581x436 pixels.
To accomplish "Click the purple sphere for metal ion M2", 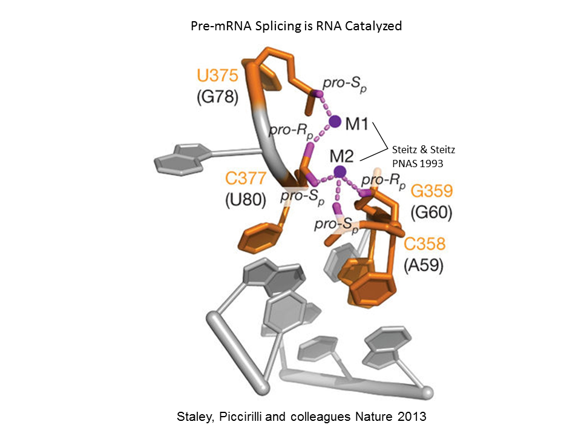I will pos(340,172).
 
